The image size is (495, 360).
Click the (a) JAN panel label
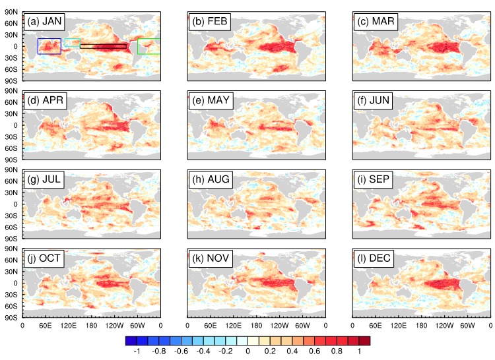(44, 22)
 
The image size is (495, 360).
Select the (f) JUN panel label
(373, 100)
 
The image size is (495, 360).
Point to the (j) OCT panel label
(44, 258)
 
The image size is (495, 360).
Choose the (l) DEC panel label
(374, 258)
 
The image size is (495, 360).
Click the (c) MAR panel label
(376, 22)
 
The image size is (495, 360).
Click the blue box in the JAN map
(38, 46)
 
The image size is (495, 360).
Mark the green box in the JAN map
(138, 46)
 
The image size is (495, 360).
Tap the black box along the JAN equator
(103, 44)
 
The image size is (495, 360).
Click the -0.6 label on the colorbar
(181, 351)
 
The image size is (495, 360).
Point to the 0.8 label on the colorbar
(337, 351)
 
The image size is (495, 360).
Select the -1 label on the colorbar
(137, 351)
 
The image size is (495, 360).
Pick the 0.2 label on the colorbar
(270, 351)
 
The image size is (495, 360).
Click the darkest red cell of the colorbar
(364, 341)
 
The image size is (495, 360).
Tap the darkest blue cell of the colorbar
(131, 341)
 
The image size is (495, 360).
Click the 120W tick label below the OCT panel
(114, 326)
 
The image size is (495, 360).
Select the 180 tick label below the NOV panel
(256, 326)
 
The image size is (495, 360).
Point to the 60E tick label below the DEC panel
(376, 326)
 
